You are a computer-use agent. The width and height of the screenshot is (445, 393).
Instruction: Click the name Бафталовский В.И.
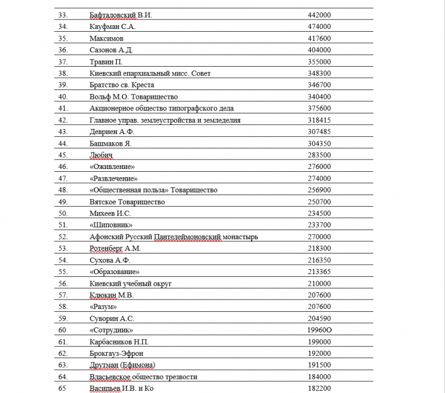[x=120, y=15]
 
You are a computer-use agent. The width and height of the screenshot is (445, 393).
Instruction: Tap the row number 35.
[x=62, y=38]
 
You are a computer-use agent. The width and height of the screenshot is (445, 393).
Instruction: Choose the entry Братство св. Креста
[x=121, y=85]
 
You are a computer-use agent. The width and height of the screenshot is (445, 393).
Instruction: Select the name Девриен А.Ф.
[x=112, y=132]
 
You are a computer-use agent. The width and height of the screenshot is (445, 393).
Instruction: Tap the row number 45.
[x=62, y=155]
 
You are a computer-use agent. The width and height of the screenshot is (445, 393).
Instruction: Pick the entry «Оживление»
[x=113, y=167]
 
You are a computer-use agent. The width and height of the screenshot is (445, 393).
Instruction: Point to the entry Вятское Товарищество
[x=127, y=202]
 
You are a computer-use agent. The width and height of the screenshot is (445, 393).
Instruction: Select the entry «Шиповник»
[x=111, y=225]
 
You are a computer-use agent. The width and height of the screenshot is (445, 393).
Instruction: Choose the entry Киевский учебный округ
[x=130, y=283]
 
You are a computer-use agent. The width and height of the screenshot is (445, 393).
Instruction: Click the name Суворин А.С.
[x=112, y=319]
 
